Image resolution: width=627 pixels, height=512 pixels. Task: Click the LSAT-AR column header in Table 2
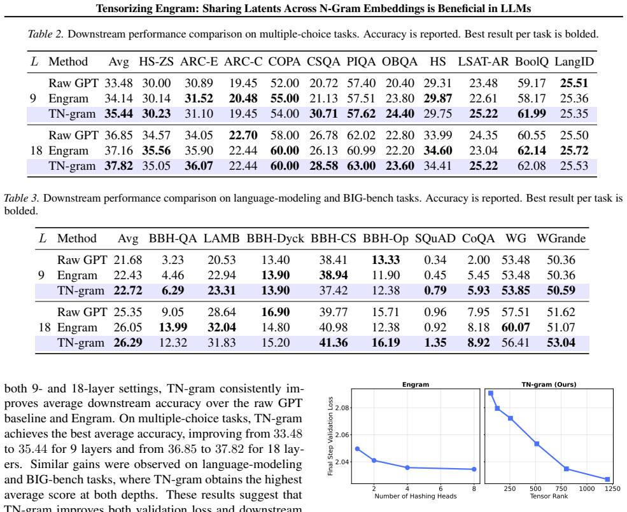[483, 62]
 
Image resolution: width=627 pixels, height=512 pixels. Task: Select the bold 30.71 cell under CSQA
[323, 114]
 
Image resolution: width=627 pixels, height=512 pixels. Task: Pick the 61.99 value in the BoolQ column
[532, 114]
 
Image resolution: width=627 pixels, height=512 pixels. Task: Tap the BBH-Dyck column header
[275, 239]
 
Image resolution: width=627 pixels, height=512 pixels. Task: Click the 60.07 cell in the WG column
[516, 328]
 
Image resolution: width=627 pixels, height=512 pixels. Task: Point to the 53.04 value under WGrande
[561, 343]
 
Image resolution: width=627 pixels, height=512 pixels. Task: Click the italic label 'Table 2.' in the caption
[46, 34]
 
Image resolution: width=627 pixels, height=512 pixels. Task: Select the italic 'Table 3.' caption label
[22, 198]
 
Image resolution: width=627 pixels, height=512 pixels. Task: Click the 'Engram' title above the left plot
[416, 385]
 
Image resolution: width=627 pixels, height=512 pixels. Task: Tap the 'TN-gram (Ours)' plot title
[549, 385]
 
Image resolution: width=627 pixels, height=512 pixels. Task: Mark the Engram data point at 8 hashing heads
[474, 469]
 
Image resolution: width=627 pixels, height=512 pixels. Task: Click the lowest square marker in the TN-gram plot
[607, 479]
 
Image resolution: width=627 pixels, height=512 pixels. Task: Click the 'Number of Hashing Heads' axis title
[416, 496]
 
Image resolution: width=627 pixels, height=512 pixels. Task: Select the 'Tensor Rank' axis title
[549, 496]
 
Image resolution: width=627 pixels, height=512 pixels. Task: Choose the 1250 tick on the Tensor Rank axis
[612, 488]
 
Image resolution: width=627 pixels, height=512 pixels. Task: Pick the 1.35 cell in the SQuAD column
[435, 343]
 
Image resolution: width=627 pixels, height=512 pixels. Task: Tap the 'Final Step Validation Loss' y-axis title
[330, 436]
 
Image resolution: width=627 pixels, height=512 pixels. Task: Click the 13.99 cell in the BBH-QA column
[173, 328]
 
